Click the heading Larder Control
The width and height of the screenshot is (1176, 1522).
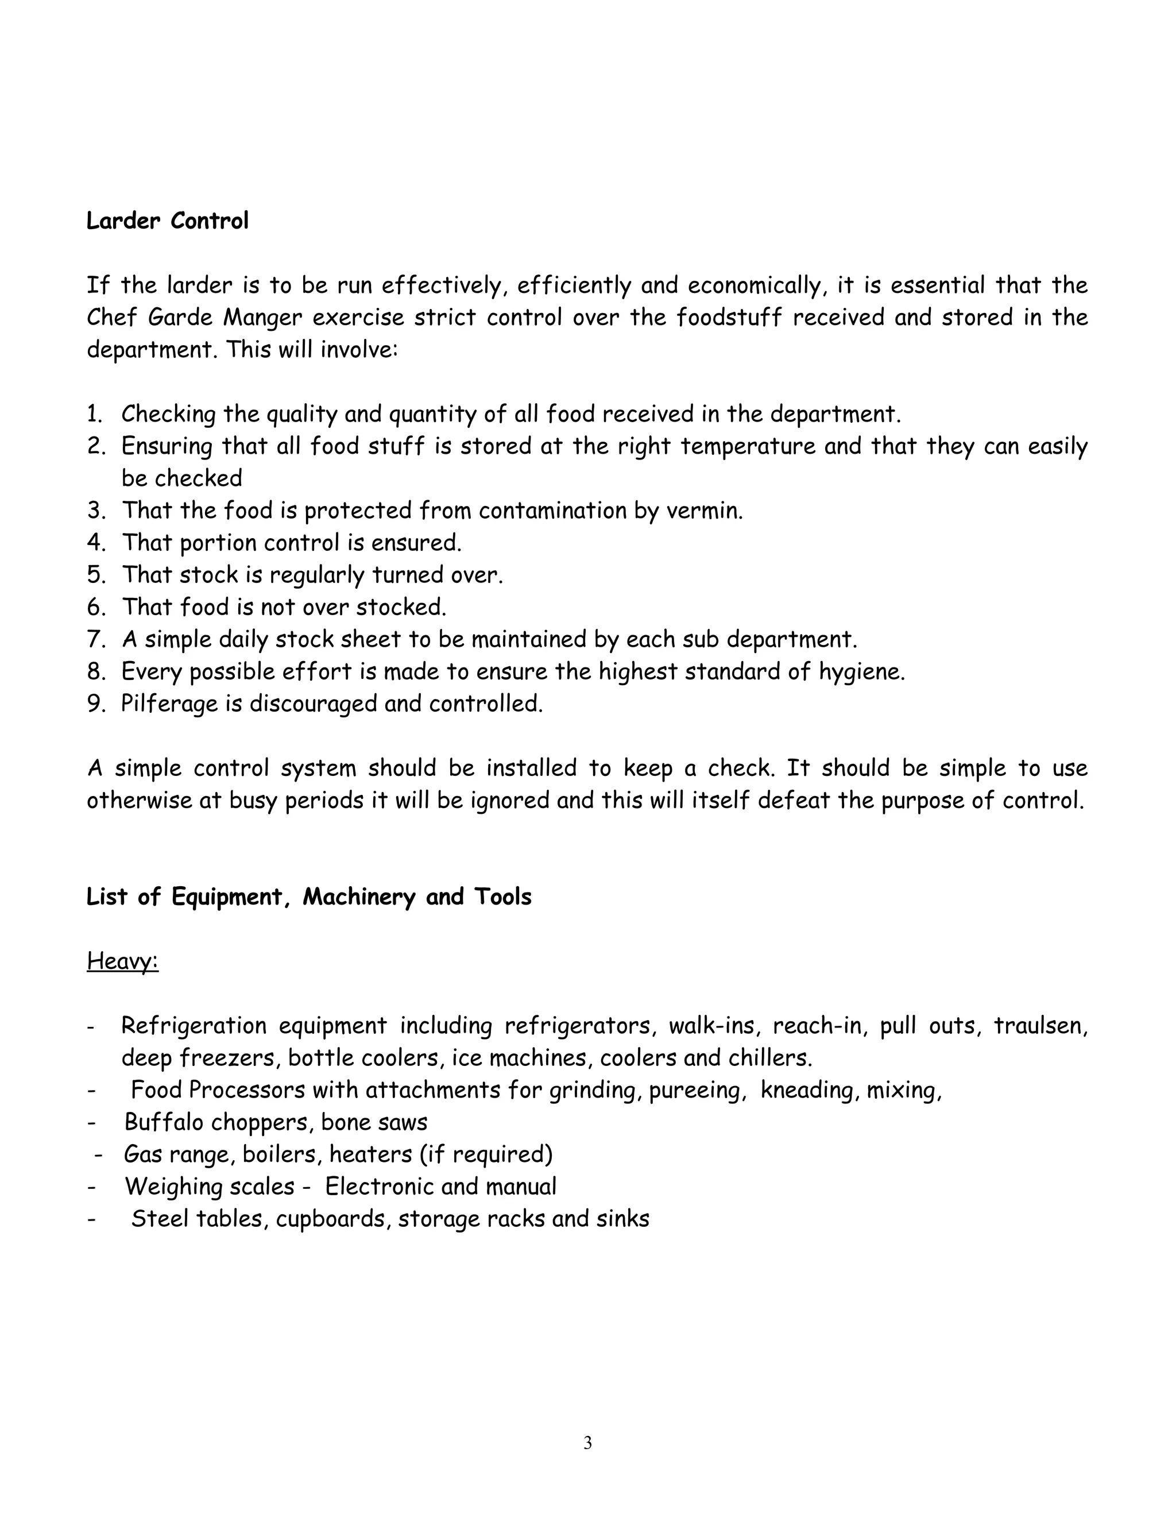[167, 221]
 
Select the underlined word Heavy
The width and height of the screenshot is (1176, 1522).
[123, 961]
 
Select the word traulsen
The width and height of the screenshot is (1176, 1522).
[1039, 1026]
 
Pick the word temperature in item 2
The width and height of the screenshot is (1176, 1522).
[748, 446]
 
